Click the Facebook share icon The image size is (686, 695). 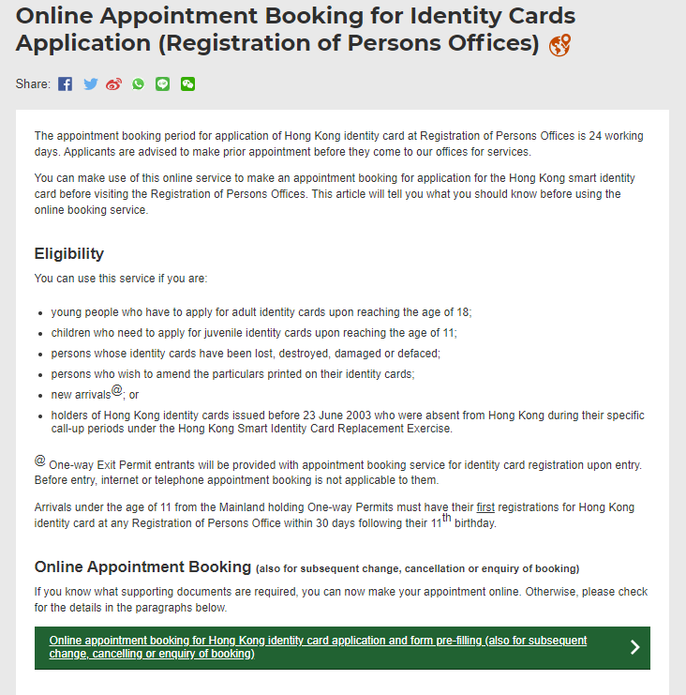point(65,84)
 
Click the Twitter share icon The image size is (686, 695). point(90,84)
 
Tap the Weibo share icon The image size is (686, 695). point(114,84)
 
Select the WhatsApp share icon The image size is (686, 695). point(139,84)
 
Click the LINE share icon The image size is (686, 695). point(163,84)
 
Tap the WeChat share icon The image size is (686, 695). point(187,84)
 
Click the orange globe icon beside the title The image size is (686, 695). point(559,44)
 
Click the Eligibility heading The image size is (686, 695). point(69,254)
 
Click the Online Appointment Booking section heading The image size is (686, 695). point(142,567)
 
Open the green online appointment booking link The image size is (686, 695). point(319,647)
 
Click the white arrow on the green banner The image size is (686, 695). point(634,647)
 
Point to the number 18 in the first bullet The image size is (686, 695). point(463,312)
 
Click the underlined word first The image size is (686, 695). point(485,507)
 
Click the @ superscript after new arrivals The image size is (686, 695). point(117,390)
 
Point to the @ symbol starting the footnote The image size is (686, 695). point(39,461)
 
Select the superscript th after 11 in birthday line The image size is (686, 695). point(447,518)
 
